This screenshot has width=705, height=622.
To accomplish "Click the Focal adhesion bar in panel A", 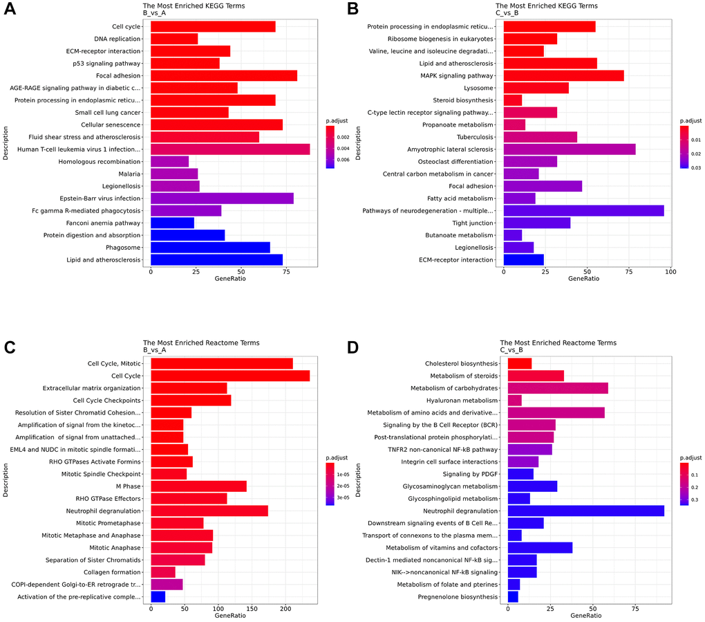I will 224,75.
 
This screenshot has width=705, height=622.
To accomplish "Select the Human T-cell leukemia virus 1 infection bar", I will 230,149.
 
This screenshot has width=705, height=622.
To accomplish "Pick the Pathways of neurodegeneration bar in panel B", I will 583,210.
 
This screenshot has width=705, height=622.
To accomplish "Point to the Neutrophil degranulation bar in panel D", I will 585,511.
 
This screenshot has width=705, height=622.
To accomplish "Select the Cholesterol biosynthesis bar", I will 519,363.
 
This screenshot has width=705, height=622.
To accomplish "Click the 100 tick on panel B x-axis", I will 670,272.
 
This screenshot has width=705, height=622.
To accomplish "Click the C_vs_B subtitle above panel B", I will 511,12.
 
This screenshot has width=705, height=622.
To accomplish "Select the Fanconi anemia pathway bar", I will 172,223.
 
